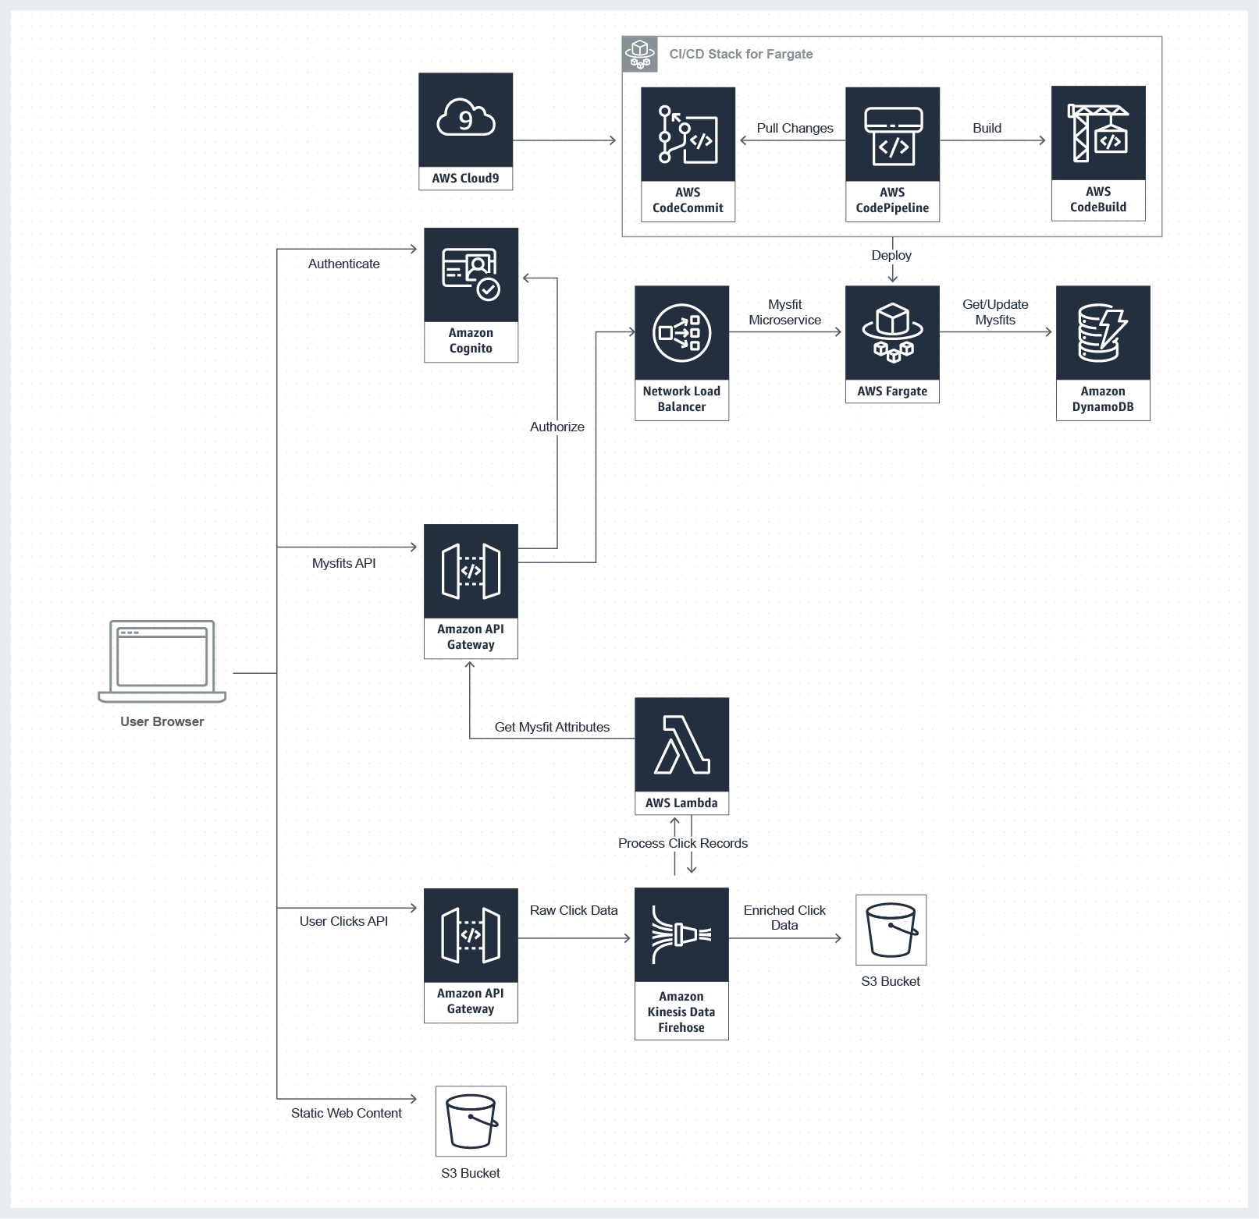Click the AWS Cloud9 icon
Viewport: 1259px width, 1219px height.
tap(465, 119)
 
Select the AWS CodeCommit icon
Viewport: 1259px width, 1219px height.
tap(688, 134)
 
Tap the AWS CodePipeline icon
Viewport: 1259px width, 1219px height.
tap(892, 134)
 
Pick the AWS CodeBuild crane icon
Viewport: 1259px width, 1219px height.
tap(1097, 133)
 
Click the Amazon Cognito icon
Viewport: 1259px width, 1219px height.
tap(471, 275)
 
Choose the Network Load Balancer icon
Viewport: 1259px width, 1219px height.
tap(681, 333)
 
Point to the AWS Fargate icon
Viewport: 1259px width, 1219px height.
tap(892, 333)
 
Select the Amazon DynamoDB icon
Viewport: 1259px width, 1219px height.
tap(1102, 333)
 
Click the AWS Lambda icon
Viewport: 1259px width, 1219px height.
tap(681, 745)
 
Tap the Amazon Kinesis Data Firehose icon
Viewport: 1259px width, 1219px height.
tap(681, 934)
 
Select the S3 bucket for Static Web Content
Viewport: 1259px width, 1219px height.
tap(471, 1121)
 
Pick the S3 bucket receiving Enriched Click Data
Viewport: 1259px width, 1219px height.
tap(891, 930)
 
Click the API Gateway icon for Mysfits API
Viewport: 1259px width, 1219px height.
tap(471, 571)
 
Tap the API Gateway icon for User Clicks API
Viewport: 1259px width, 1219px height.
tap(471, 935)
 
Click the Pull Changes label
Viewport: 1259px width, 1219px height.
tap(795, 128)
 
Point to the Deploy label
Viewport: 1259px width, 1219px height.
tap(891, 255)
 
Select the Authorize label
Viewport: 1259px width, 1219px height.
tap(557, 427)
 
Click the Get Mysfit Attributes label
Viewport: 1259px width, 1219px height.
tap(552, 727)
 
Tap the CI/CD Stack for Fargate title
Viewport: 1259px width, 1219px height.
tap(741, 54)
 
